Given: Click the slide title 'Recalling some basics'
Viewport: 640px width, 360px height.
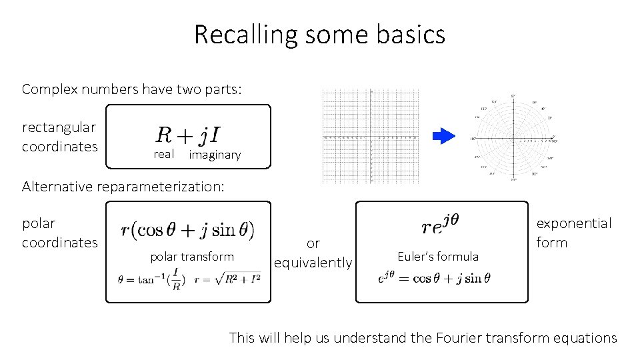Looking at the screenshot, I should click(x=319, y=34).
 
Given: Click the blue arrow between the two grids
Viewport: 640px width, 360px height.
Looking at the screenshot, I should click(x=443, y=137).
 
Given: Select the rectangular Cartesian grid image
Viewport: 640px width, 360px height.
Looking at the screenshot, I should click(x=372, y=137).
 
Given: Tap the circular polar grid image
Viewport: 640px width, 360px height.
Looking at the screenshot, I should click(x=513, y=139).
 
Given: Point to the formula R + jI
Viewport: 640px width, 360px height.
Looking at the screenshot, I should click(x=190, y=135).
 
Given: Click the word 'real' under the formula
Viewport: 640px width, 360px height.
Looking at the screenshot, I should click(x=163, y=155).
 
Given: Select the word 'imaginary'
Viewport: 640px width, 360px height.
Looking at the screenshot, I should click(x=215, y=155).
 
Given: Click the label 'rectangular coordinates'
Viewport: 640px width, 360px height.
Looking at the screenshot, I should click(x=59, y=137).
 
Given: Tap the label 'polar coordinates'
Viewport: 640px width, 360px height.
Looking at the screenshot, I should click(x=59, y=233).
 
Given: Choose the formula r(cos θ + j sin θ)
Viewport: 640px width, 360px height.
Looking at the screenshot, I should click(x=187, y=230).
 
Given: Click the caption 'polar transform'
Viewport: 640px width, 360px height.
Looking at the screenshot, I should click(x=192, y=257).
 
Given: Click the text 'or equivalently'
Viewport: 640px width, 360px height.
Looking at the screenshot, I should click(x=313, y=253).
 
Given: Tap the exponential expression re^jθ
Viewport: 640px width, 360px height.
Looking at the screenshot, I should click(x=441, y=225).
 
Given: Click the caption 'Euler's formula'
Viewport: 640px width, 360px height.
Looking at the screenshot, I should click(x=438, y=257).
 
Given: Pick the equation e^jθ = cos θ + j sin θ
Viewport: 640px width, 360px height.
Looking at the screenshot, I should click(x=433, y=279).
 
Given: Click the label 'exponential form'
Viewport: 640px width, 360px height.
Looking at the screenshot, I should click(x=573, y=233).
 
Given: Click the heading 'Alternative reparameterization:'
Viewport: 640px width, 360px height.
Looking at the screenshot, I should click(x=123, y=187).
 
